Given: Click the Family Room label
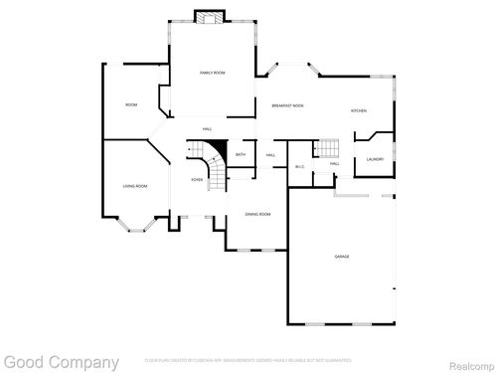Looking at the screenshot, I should point(212,73).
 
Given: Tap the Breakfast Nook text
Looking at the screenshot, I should point(287,105).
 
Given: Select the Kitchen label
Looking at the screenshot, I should point(358,110).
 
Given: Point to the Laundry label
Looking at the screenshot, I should point(374,159).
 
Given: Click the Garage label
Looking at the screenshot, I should point(342,257).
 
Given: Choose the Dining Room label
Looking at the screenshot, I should point(257,214).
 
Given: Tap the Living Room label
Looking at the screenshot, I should point(135,186).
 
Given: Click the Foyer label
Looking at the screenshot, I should point(198,179).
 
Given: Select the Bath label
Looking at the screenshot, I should point(241,155).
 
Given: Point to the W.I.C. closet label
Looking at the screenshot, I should point(300,166).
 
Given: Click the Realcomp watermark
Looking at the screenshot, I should point(463,363).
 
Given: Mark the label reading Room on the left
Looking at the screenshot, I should point(130,104).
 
